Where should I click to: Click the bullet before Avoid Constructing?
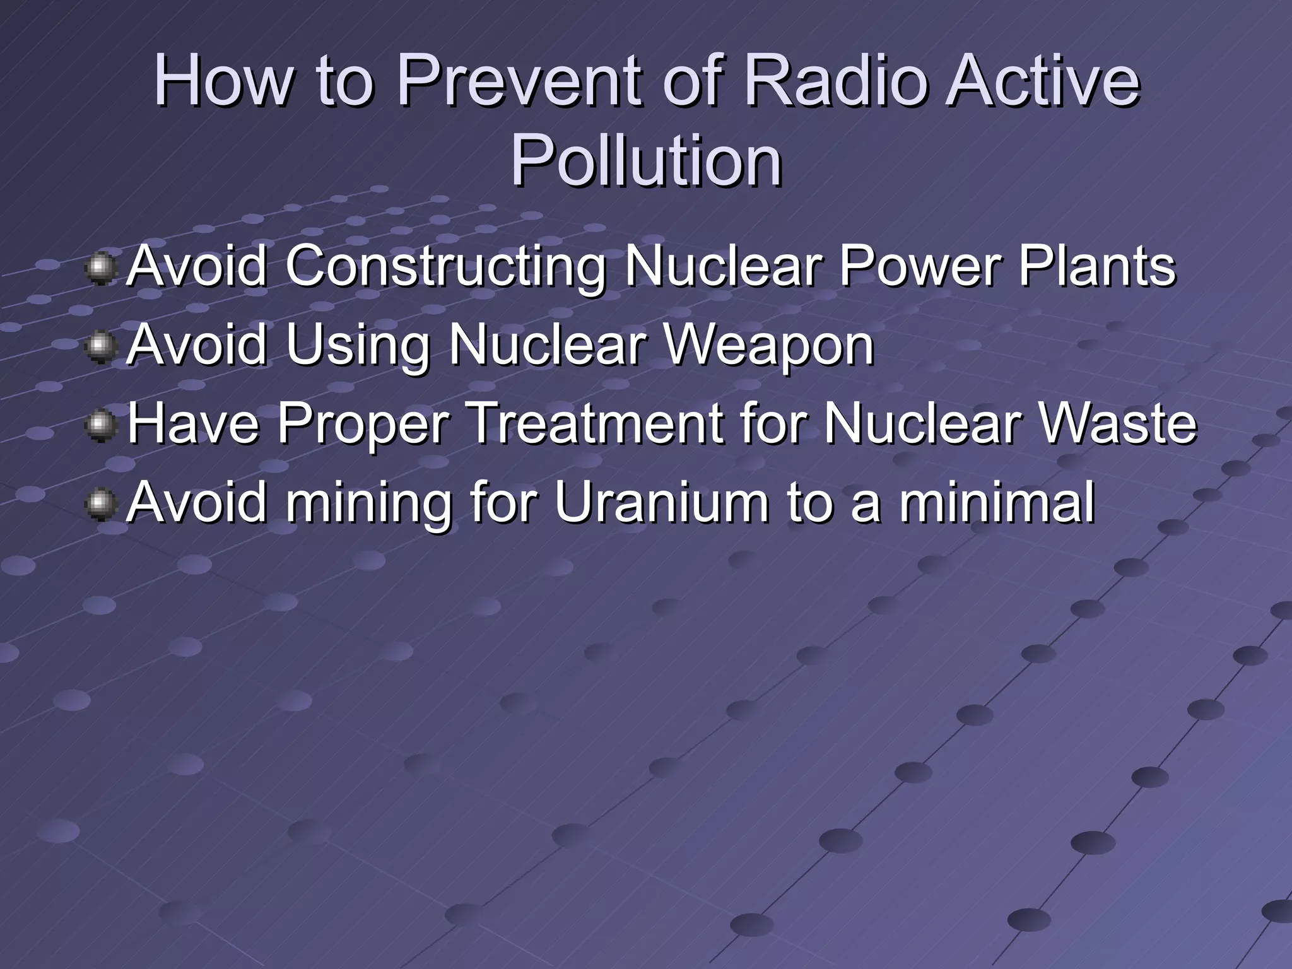(x=100, y=269)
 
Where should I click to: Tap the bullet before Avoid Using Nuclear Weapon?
(x=100, y=348)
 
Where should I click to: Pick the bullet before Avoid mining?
(x=100, y=505)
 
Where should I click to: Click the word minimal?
(x=997, y=502)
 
